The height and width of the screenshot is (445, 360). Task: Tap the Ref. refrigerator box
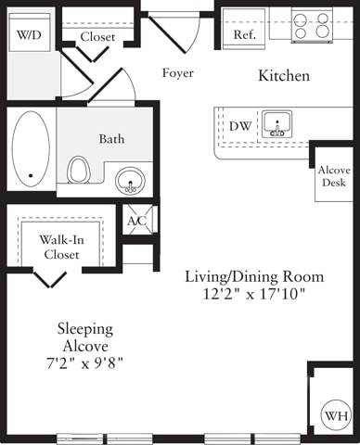(245, 33)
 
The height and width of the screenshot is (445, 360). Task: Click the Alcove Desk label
(332, 177)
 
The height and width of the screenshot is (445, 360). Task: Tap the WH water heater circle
(333, 415)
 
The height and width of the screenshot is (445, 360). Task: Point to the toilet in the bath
(79, 170)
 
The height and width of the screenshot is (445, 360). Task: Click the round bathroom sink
(133, 180)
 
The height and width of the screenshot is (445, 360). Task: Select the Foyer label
(177, 72)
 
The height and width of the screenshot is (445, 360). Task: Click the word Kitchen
(283, 75)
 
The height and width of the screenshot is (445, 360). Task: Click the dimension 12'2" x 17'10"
(253, 294)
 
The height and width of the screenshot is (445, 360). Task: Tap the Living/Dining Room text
(253, 276)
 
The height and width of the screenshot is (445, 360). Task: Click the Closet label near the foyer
(97, 36)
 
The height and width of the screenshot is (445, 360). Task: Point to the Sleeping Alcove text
(85, 337)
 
